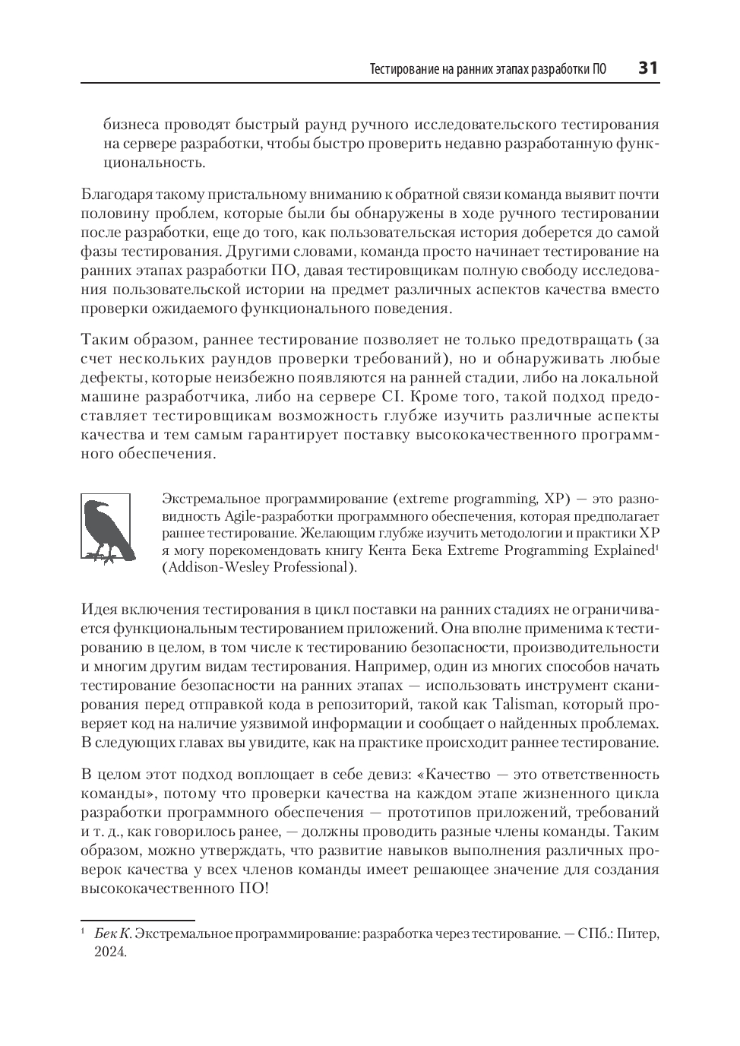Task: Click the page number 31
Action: click(647, 68)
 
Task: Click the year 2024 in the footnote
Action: click(109, 951)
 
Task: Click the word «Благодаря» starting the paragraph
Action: click(119, 195)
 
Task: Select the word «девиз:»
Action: click(389, 775)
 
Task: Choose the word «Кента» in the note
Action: click(391, 550)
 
